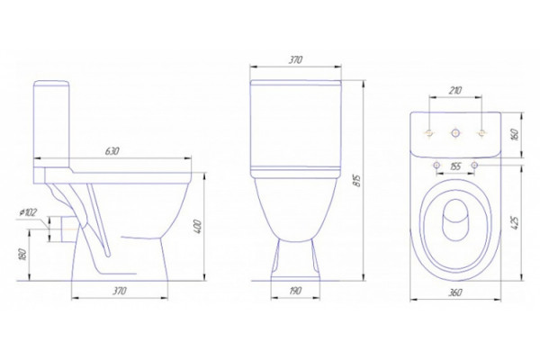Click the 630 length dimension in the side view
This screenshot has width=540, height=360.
click(112, 151)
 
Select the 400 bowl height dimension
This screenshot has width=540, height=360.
click(198, 226)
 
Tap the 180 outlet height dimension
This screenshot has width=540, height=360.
click(22, 254)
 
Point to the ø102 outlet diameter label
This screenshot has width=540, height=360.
click(28, 212)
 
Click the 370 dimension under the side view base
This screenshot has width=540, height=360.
click(120, 291)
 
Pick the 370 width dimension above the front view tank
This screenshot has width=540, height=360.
click(295, 60)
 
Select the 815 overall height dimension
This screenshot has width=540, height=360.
click(358, 181)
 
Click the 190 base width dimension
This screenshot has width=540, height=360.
click(295, 291)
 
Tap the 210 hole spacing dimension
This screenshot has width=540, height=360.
click(454, 91)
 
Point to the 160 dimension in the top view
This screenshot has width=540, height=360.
click(515, 135)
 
